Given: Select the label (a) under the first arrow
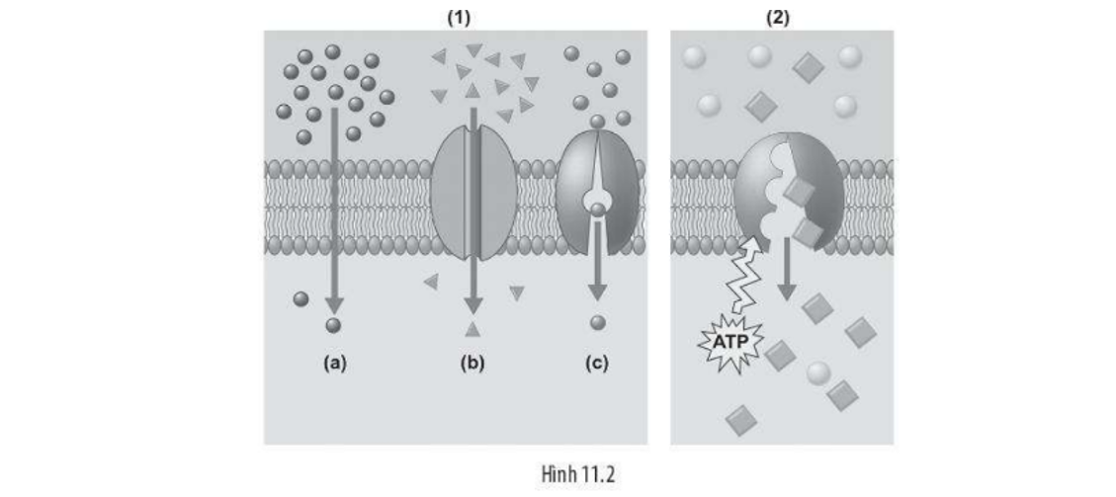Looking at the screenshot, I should pyautogui.click(x=336, y=363).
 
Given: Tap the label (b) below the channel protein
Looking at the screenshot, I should pyautogui.click(x=472, y=363).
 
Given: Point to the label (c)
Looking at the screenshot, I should pyautogui.click(x=597, y=363).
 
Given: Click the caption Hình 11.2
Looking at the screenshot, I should pyautogui.click(x=579, y=474).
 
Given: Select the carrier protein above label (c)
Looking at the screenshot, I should pyautogui.click(x=597, y=193).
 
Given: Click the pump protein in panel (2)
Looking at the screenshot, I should pyautogui.click(x=789, y=193).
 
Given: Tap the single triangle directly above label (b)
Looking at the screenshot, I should pyautogui.click(x=472, y=329).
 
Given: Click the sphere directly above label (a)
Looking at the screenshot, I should pyautogui.click(x=333, y=324).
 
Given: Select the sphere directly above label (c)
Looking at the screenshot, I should pyautogui.click(x=597, y=322).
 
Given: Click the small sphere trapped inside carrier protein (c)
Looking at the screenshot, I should pyautogui.click(x=596, y=203).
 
